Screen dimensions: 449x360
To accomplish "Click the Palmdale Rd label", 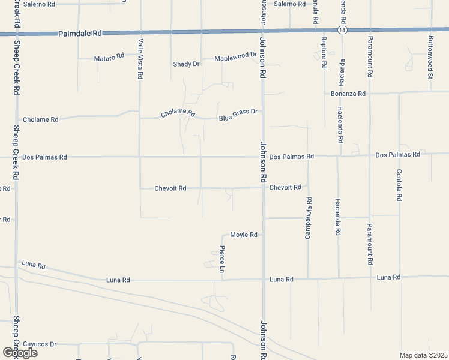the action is click(80, 34).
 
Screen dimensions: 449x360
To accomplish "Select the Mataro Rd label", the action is click(109, 58).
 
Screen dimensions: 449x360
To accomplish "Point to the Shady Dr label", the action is click(186, 64).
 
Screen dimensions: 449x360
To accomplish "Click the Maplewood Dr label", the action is click(235, 55).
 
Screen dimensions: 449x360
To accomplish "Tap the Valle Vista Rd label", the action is click(140, 59).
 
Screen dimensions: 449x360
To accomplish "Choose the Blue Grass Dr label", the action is click(238, 112).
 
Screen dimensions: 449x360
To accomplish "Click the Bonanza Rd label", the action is click(348, 94).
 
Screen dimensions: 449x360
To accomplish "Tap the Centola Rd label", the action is click(399, 185).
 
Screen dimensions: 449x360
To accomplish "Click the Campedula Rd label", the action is click(309, 214).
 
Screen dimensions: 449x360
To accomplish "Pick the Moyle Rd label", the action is click(244, 235).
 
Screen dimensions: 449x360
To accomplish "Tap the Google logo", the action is click(20, 352).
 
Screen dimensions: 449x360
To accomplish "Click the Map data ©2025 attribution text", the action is click(423, 355).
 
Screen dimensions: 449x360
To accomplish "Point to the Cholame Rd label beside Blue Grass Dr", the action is click(178, 113).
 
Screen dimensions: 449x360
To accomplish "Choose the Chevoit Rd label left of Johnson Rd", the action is click(170, 188).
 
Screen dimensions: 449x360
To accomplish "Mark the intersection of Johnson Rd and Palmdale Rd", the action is click(262, 31).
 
